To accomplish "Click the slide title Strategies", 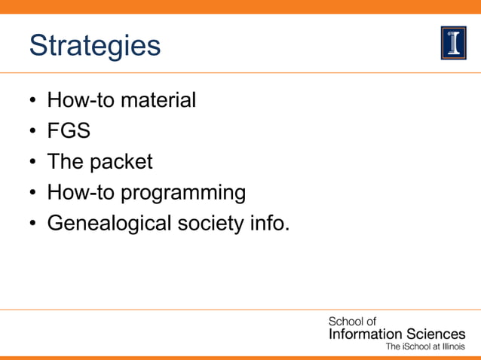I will click(x=95, y=45).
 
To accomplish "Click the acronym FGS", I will click(x=69, y=131).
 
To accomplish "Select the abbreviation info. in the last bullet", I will click(x=271, y=224).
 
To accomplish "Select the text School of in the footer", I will click(x=351, y=322).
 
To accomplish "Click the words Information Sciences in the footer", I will click(x=397, y=334).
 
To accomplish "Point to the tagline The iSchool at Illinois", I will click(x=425, y=347).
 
